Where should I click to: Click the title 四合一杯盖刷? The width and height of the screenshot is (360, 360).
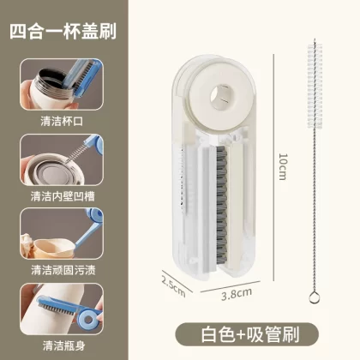(63, 31)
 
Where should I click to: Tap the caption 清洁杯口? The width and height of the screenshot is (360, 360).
(62, 121)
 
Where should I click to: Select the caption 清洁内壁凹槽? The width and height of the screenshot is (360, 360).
(63, 196)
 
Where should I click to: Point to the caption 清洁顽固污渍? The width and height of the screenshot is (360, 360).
(63, 270)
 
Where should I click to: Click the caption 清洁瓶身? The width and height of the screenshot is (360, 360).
(63, 345)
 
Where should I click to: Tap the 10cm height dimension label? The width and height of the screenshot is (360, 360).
(283, 167)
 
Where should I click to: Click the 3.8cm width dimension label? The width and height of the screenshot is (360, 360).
(237, 294)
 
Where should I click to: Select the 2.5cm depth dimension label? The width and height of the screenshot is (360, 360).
(173, 286)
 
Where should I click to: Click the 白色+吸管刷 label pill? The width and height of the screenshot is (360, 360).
(247, 335)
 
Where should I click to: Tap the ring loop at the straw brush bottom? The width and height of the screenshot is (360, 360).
(314, 297)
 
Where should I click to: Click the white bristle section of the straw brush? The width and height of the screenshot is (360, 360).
(315, 86)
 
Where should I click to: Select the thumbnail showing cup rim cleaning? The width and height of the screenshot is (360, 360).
(62, 84)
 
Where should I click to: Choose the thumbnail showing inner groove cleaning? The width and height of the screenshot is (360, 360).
(62, 159)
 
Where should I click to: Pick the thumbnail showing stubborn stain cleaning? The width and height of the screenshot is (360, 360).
(62, 234)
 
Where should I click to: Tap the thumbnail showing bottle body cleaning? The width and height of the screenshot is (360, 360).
(62, 309)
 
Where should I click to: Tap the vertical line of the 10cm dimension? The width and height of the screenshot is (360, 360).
(273, 168)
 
